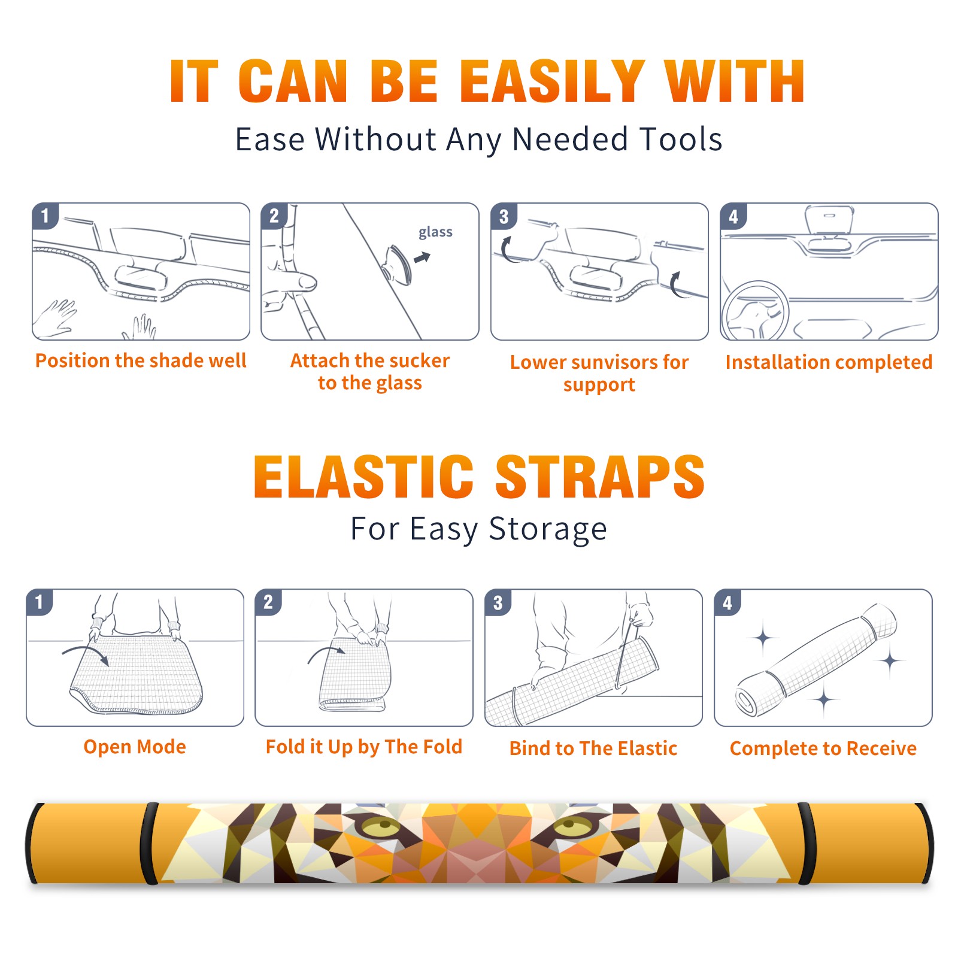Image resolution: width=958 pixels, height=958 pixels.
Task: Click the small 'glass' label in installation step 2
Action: tap(435, 232)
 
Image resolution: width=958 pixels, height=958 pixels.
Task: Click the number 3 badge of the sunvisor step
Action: tap(504, 217)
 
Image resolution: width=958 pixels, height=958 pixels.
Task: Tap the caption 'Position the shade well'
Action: tap(141, 360)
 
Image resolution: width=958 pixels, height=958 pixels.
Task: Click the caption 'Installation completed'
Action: tap(829, 362)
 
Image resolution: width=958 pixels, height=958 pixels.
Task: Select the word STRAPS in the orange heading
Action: tap(600, 477)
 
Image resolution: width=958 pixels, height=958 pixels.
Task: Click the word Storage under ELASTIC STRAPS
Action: tap(548, 529)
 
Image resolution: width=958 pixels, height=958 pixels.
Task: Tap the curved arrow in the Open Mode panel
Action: tap(86, 653)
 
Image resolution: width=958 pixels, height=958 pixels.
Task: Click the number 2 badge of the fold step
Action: tap(268, 602)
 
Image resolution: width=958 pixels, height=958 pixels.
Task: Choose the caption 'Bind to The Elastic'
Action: tap(593, 748)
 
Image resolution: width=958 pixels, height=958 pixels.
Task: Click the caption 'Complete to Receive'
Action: tap(823, 748)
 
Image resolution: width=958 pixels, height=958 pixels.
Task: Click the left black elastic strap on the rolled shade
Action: tap(149, 843)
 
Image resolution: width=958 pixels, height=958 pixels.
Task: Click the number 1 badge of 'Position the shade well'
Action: tap(45, 216)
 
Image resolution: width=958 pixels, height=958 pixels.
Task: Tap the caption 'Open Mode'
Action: tap(135, 747)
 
